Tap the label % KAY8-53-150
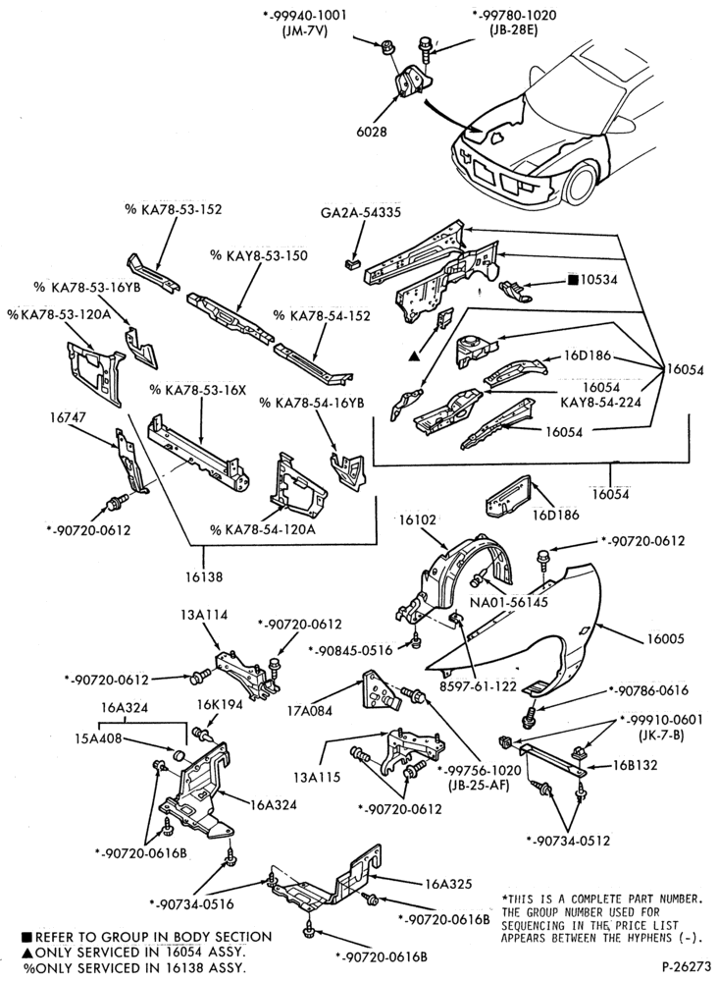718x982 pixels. pyautogui.click(x=259, y=255)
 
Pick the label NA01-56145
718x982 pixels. pyautogui.click(x=508, y=603)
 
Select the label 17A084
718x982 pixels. pyautogui.click(x=309, y=711)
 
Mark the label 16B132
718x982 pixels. pyautogui.click(x=635, y=765)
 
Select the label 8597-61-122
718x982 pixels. pyautogui.click(x=478, y=686)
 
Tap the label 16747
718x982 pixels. pyautogui.click(x=68, y=417)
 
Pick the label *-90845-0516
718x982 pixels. pyautogui.click(x=350, y=650)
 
